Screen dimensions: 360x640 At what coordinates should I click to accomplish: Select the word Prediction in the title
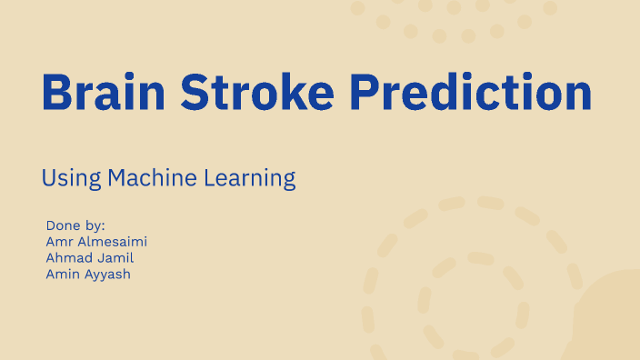[x=471, y=92]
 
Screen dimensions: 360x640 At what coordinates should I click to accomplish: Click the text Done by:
[x=75, y=225]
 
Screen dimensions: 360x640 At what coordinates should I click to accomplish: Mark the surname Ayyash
[x=109, y=274]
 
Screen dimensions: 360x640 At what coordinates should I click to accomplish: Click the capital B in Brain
[x=57, y=92]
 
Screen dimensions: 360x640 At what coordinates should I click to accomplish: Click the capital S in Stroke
[x=193, y=92]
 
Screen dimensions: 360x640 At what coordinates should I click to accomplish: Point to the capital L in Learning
[x=215, y=177]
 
